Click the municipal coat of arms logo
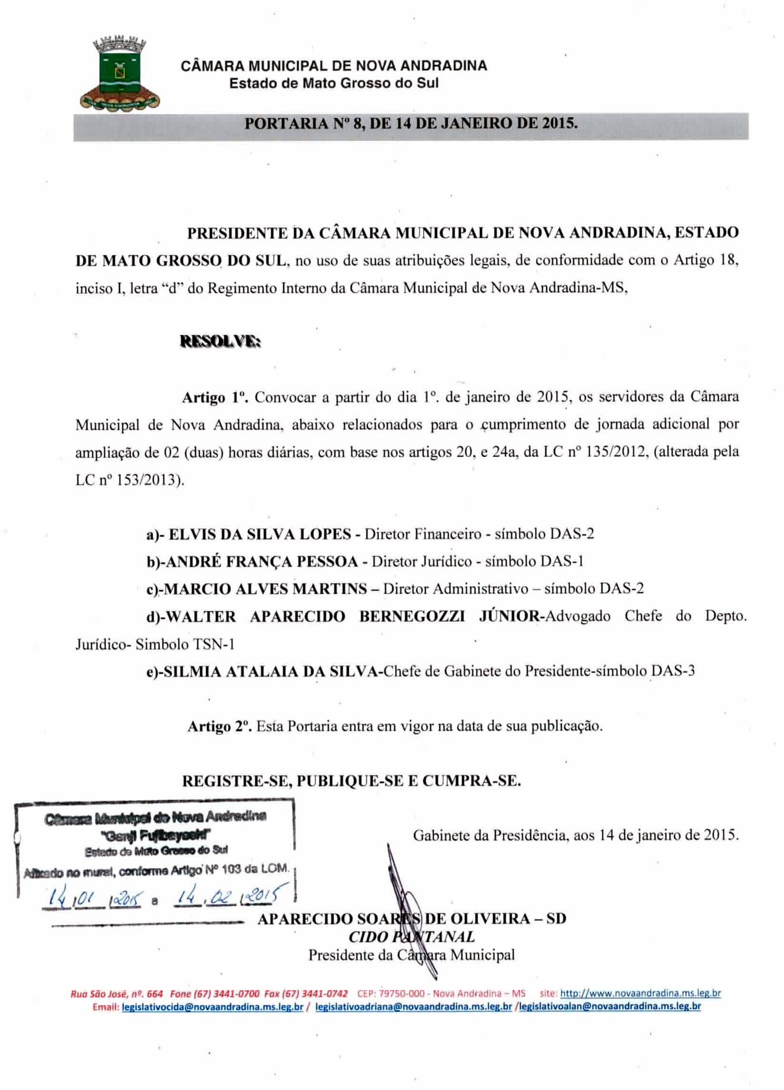click(119, 74)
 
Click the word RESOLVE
click(220, 342)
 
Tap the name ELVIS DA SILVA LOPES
click(260, 534)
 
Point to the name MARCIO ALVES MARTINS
click(265, 588)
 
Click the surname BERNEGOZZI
click(412, 616)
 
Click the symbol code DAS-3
click(673, 671)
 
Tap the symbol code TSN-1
click(212, 644)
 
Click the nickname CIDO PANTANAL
click(412, 937)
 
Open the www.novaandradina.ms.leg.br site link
click(640, 993)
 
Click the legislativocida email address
click(212, 1007)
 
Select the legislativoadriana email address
click(413, 1007)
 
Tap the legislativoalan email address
click(610, 1007)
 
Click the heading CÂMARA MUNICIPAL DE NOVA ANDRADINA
click(334, 65)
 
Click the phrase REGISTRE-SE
click(236, 781)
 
